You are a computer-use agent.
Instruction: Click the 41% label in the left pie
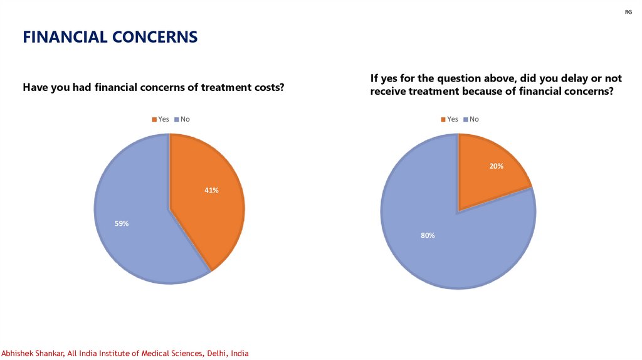coord(211,190)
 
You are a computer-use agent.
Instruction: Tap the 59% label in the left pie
coord(122,223)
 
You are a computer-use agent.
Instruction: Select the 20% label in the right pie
coord(497,166)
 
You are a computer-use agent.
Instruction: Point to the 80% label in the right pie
coord(428,235)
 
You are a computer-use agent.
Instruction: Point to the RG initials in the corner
coord(629,12)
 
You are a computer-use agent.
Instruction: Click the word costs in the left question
coord(269,88)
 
